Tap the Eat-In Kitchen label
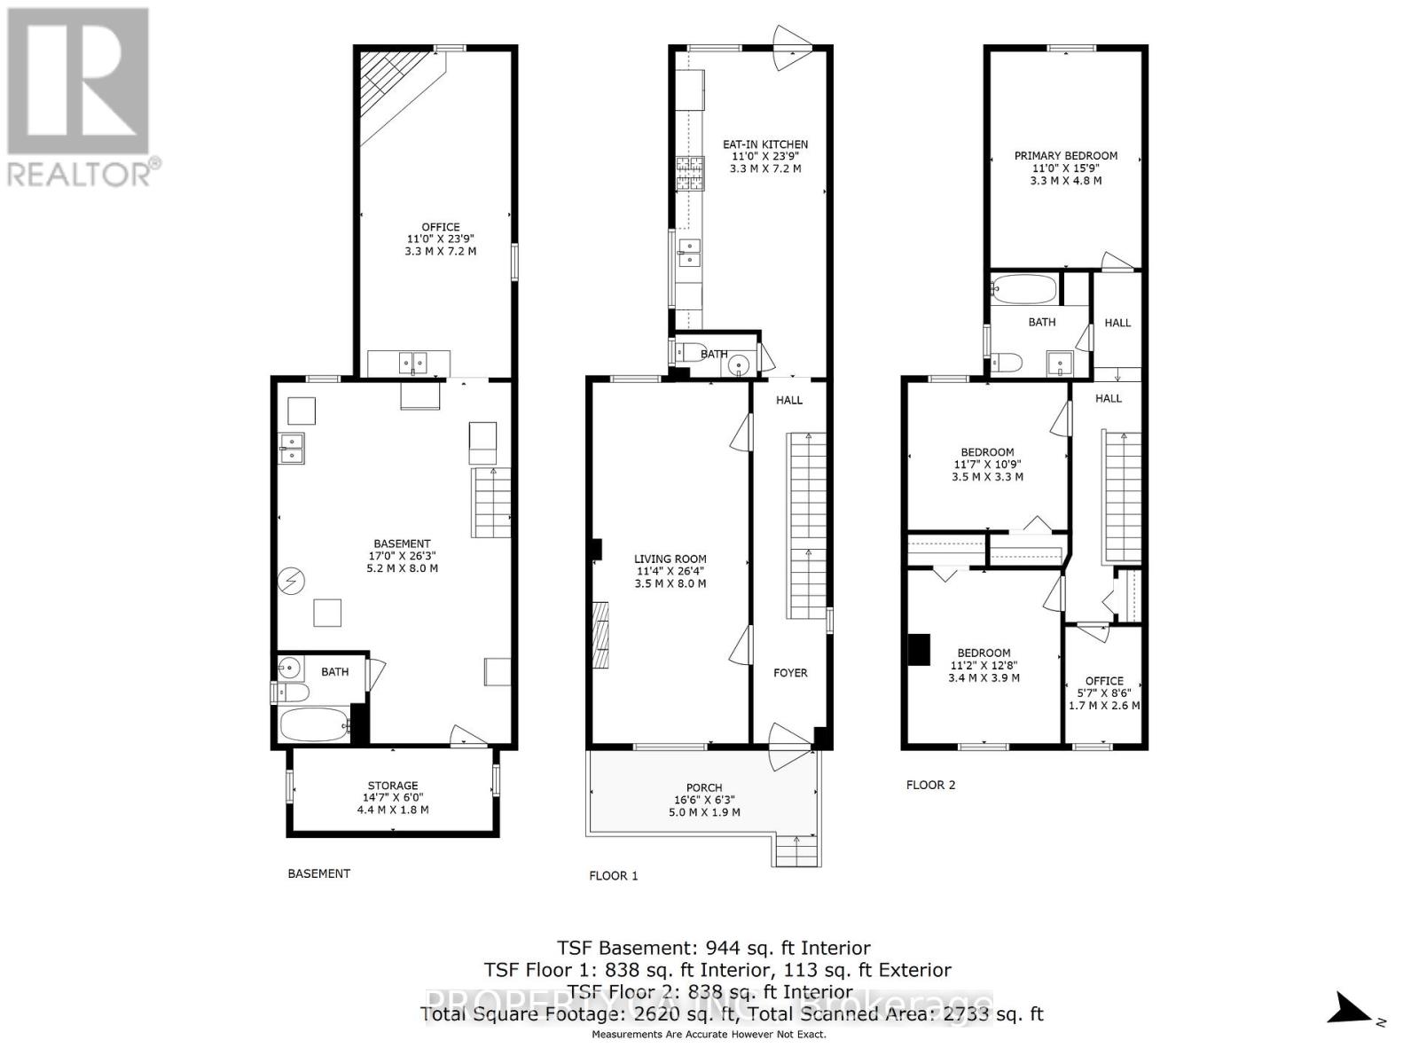[764, 145]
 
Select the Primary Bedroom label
[1065, 156]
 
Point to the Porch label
[703, 787]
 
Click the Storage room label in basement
[393, 786]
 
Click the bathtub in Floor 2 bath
[1024, 289]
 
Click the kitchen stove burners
[689, 174]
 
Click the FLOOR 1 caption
[614, 876]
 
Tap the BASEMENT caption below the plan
[318, 873]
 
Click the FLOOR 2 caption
[930, 785]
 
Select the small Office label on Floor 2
[1103, 681]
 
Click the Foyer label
[790, 673]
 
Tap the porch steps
[796, 852]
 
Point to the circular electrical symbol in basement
[290, 582]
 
